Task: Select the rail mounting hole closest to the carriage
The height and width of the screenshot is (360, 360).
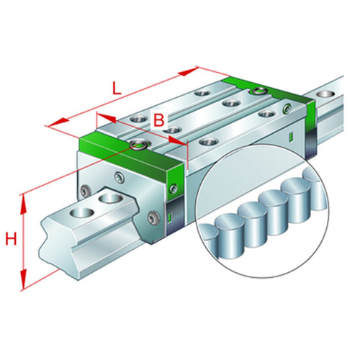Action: point(112,196)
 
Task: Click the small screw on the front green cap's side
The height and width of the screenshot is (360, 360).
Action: point(173,189)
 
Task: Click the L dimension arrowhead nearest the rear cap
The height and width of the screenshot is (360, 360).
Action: point(193,70)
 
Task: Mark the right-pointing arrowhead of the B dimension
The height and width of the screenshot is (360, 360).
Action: point(184,142)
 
